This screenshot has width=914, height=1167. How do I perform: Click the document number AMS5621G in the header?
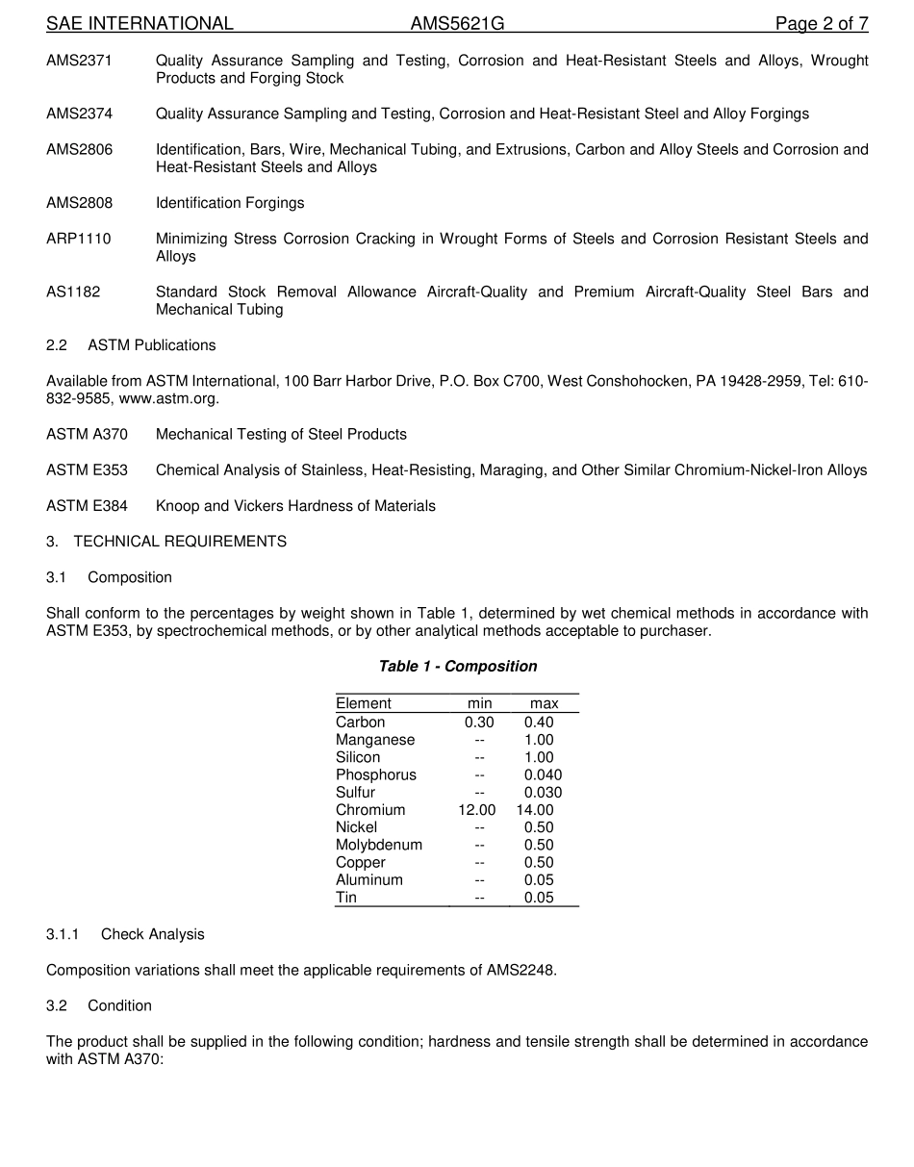[457, 24]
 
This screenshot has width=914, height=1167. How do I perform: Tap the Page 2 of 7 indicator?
[822, 24]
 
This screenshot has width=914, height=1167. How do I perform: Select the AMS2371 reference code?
[79, 61]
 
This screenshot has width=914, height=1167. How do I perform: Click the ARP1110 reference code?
[78, 239]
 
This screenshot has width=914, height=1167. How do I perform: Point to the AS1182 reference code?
[73, 292]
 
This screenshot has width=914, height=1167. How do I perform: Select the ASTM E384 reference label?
[87, 506]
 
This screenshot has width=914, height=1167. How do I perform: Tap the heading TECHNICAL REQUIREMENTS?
[180, 542]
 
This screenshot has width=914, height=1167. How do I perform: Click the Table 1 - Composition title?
[458, 667]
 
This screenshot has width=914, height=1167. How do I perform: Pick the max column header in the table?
[544, 704]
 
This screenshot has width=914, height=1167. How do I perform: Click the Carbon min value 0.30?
[479, 723]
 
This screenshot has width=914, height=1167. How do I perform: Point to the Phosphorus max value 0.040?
[543, 775]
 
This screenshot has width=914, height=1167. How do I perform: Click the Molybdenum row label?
[379, 845]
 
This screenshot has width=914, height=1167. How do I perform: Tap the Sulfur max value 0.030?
[543, 793]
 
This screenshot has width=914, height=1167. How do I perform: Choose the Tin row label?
[346, 898]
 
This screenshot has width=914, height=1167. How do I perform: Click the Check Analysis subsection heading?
[152, 934]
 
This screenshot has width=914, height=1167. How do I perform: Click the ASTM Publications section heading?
[151, 345]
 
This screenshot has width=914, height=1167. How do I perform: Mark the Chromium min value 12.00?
[477, 810]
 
